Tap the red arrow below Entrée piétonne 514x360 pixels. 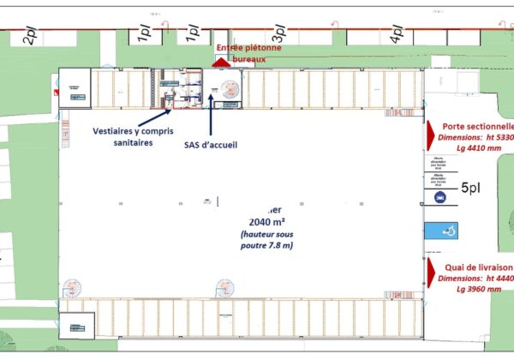[220, 62]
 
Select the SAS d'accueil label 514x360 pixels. [210, 144]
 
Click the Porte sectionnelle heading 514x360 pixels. [476, 125]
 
